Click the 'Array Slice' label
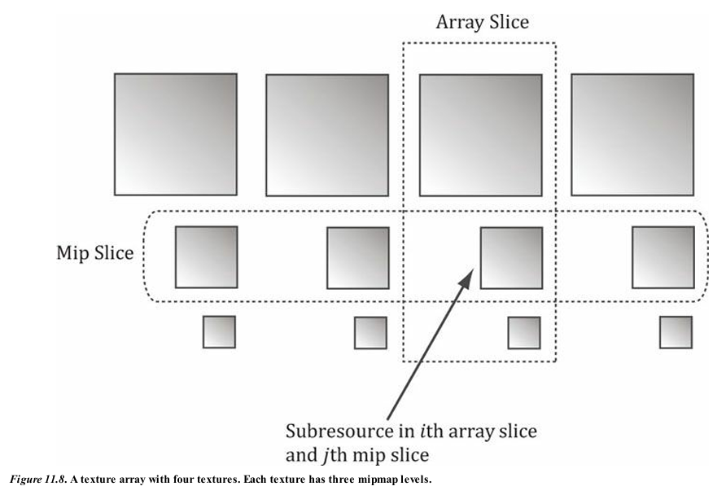[x=482, y=22]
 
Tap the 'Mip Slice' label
[x=94, y=253]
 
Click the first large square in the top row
[x=175, y=134]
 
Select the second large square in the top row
[x=327, y=135]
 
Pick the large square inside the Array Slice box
[x=480, y=135]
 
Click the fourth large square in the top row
[x=632, y=134]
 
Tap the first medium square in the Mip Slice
[x=206, y=257]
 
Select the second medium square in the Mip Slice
[x=358, y=258]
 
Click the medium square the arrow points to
[x=511, y=258]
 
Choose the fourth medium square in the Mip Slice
[x=663, y=257]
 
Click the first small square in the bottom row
[x=219, y=332]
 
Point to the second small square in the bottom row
[x=370, y=332]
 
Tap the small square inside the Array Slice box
[x=523, y=333]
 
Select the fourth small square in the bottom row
[x=676, y=332]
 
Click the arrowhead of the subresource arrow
[x=465, y=279]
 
